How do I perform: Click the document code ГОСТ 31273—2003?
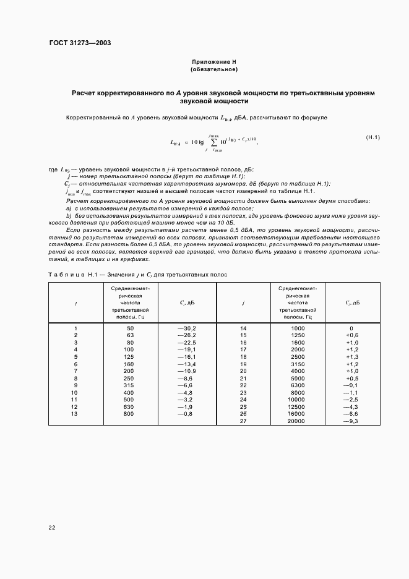point(80,43)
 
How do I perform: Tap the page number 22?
point(52,527)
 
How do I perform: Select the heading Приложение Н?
point(213,62)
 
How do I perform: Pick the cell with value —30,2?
point(186,328)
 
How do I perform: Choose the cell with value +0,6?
point(351,335)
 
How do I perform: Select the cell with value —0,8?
point(186,413)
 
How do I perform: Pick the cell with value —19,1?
point(186,350)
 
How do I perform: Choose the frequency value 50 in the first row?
point(130,328)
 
